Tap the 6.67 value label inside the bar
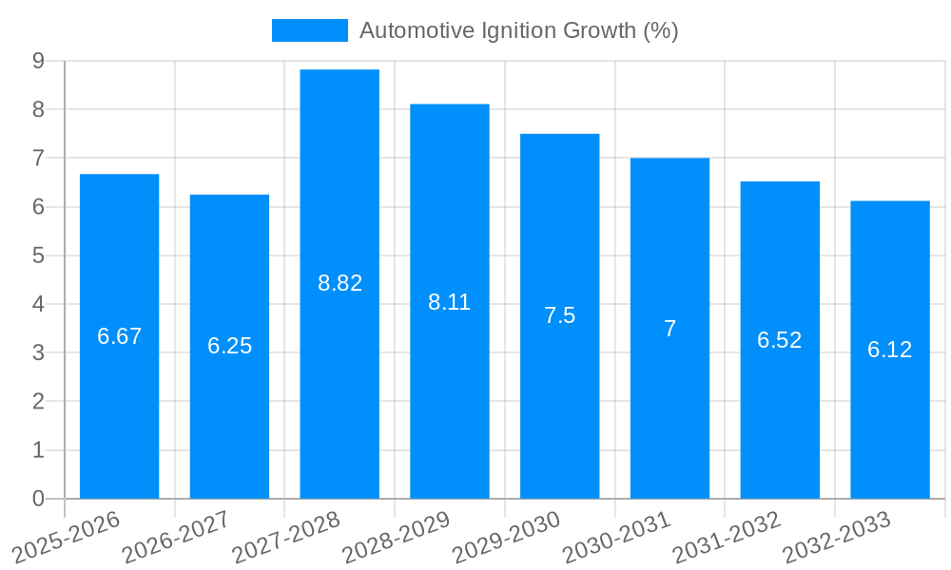click(120, 336)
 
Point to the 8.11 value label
click(449, 302)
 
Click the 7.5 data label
click(559, 315)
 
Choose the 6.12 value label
click(889, 350)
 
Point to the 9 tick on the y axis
click(38, 61)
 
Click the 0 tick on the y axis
click(38, 499)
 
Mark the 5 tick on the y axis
click(38, 256)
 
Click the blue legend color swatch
click(309, 30)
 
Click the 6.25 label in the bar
click(230, 346)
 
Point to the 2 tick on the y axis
click(38, 402)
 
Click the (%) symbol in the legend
click(660, 30)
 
